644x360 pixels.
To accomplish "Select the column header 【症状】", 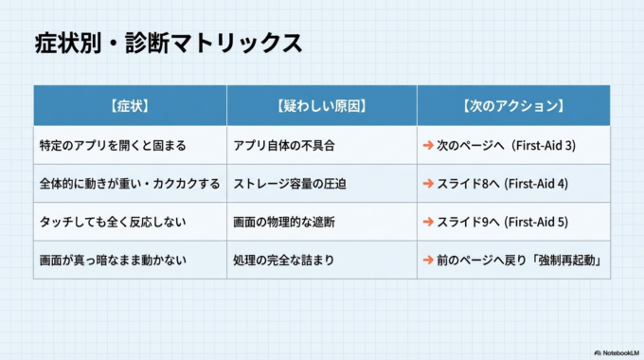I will [x=129, y=106].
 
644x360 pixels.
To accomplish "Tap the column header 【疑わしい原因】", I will [x=321, y=106].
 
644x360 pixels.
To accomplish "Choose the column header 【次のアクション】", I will [x=512, y=106].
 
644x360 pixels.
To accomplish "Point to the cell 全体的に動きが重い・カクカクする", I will [x=129, y=184].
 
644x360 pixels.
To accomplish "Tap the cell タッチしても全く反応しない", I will [x=113, y=222].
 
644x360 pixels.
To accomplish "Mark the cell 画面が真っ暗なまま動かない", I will [x=113, y=260].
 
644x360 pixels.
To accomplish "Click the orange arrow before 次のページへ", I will [x=428, y=146].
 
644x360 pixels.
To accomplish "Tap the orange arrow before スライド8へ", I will [x=428, y=184].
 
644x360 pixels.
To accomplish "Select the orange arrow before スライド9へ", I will [x=428, y=222].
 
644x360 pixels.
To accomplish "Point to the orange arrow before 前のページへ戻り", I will [x=428, y=260].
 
